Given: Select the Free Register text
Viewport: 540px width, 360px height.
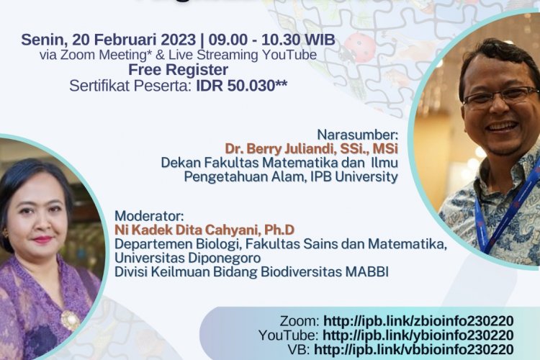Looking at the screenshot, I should [178, 70].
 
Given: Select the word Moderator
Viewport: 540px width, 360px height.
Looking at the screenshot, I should [150, 215].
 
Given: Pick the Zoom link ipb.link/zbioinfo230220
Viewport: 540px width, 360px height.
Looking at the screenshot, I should [418, 321].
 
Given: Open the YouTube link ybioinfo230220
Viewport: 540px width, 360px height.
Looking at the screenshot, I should [418, 336].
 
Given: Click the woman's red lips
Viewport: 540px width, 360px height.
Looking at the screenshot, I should [42, 240].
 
